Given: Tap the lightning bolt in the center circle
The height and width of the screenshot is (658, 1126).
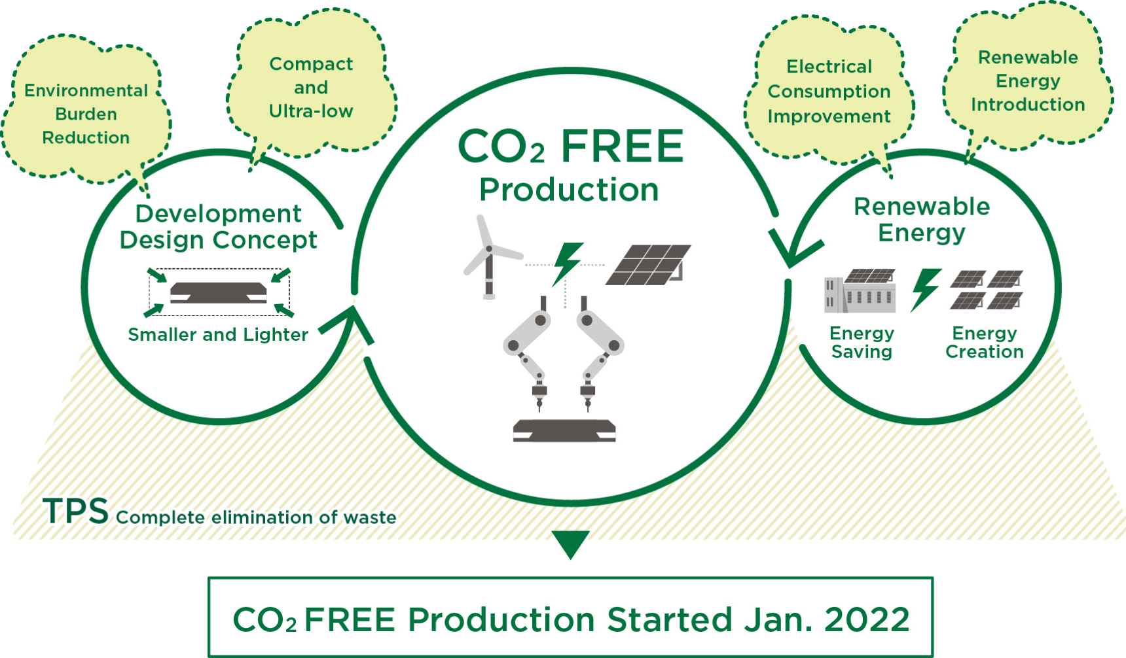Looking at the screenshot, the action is (x=567, y=264).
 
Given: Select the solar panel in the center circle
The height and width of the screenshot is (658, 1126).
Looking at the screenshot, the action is (x=648, y=265).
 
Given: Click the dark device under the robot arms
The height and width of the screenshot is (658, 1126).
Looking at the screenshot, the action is (x=564, y=430).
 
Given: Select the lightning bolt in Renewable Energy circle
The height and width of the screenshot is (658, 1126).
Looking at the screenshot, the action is (x=926, y=289).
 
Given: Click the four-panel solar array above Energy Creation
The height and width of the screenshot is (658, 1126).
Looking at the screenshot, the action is (x=985, y=289).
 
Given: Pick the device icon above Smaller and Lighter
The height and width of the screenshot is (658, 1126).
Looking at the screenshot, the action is (x=219, y=292).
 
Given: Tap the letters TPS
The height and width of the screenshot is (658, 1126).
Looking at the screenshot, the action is (x=75, y=511).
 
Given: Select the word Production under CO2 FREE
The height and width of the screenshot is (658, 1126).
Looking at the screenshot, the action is (x=569, y=190).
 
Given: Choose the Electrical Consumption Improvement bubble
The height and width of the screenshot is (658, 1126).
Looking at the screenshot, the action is (x=829, y=92).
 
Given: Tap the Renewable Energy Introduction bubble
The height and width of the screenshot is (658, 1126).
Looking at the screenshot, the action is (x=1028, y=80).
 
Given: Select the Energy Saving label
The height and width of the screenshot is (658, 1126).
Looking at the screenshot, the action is (x=862, y=342).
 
